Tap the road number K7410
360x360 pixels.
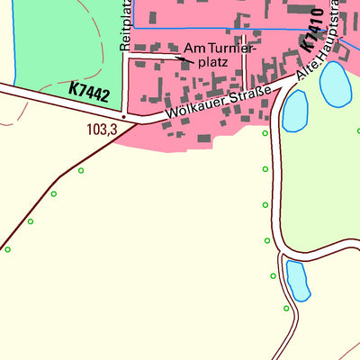tap(312, 31)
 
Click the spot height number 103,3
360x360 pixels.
tap(102, 130)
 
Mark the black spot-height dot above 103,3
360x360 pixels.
tap(123, 116)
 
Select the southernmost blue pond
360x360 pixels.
tap(297, 280)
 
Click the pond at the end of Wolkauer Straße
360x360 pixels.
tap(295, 111)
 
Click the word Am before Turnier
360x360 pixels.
tap(193, 49)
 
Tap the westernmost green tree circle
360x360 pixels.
tap(8, 248)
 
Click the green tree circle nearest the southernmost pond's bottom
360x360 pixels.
tap(287, 309)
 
